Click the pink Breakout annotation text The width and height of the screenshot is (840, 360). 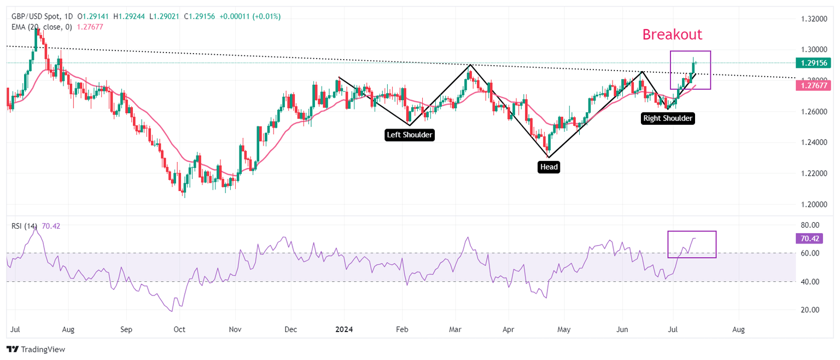pyautogui.click(x=672, y=34)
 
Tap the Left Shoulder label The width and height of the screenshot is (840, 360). pyautogui.click(x=410, y=135)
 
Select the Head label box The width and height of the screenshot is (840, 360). pyautogui.click(x=549, y=167)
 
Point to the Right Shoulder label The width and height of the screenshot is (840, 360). pyautogui.click(x=668, y=118)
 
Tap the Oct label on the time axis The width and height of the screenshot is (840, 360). pyautogui.click(x=179, y=330)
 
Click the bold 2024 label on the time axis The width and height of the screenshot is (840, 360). pyautogui.click(x=345, y=330)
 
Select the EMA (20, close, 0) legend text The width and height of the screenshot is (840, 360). pyautogui.click(x=38, y=26)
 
